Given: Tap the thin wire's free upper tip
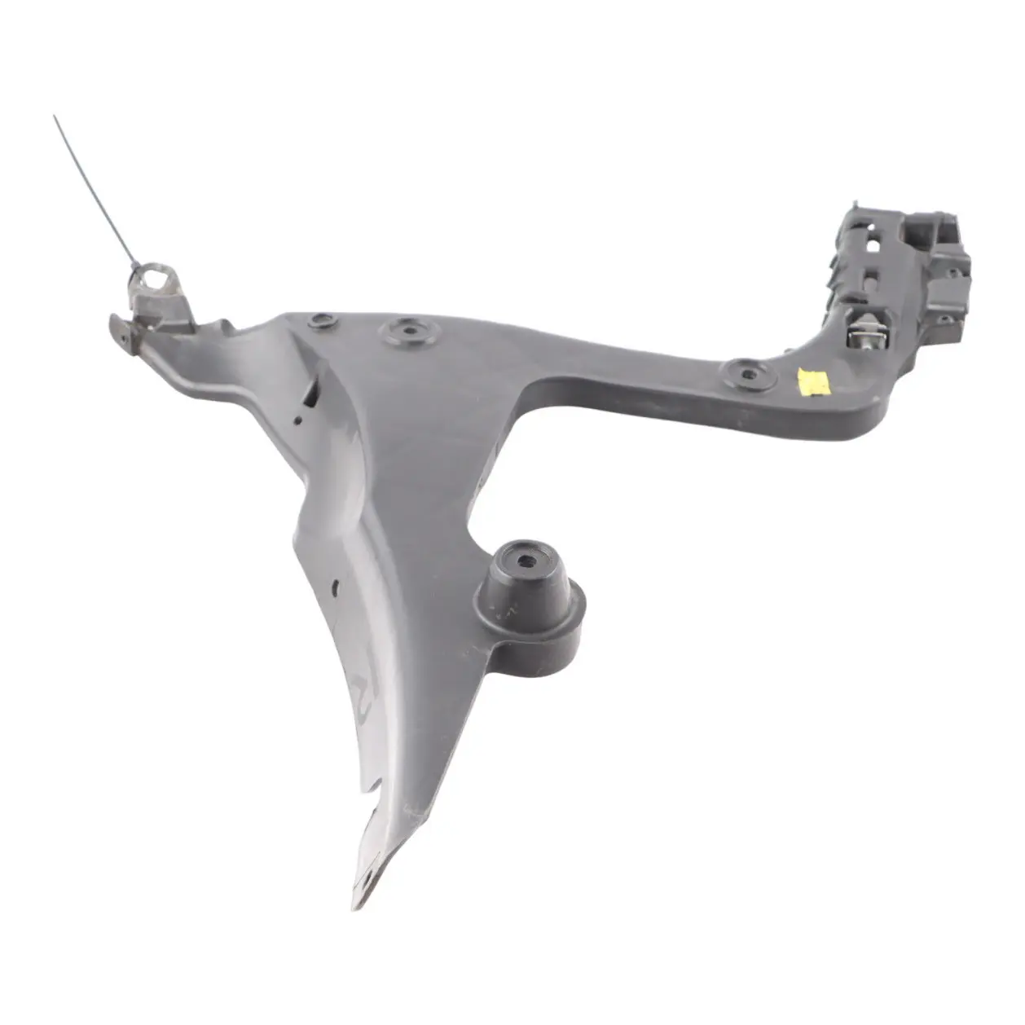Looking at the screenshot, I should [55, 117].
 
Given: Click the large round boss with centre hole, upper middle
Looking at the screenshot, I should [407, 332].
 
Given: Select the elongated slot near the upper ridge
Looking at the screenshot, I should [312, 396].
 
